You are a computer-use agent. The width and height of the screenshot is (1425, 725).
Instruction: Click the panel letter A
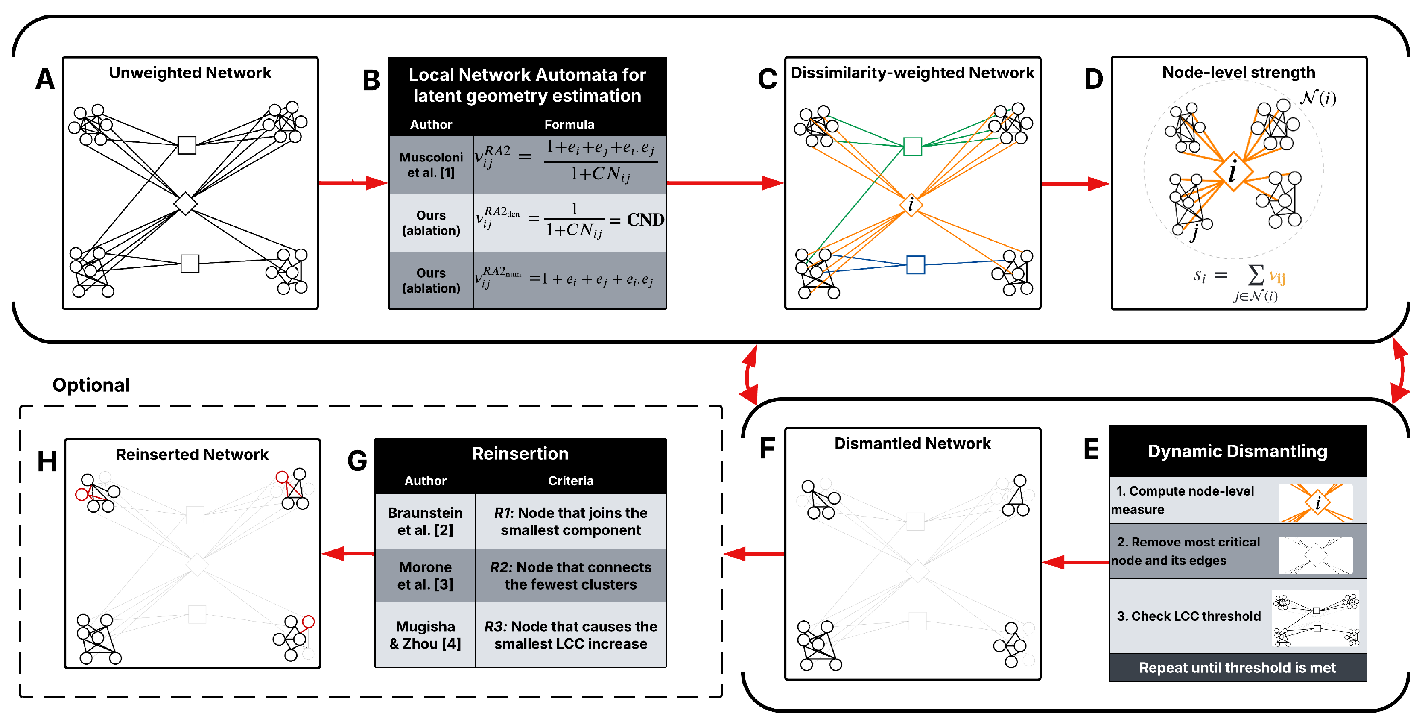[45, 79]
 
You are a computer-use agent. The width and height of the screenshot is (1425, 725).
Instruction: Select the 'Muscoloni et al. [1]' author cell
[430, 165]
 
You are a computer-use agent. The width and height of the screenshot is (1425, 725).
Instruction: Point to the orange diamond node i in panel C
[911, 205]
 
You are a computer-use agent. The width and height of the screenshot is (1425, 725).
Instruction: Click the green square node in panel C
[912, 147]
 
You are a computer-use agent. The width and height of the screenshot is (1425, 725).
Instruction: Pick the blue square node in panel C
[916, 264]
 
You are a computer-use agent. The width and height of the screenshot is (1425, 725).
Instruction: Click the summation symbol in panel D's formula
[1255, 275]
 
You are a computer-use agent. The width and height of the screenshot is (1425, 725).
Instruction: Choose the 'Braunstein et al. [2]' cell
[425, 521]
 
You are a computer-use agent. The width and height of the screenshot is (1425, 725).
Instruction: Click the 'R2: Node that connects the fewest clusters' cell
[570, 575]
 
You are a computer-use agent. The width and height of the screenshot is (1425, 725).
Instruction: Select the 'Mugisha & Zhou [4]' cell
[425, 635]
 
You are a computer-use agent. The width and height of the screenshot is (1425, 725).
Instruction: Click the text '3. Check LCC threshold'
[1188, 616]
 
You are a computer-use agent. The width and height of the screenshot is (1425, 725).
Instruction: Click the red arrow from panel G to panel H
[348, 553]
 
